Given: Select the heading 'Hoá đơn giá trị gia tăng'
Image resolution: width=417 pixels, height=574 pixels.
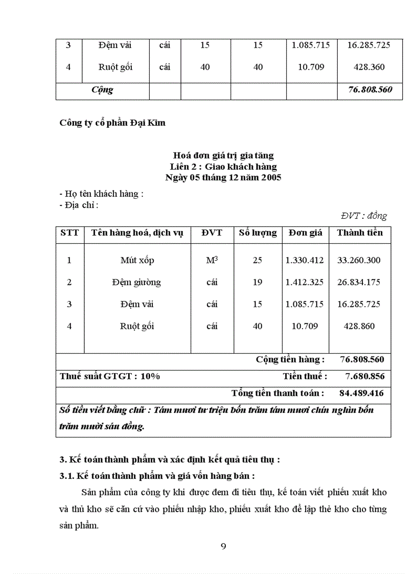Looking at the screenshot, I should pos(223,155).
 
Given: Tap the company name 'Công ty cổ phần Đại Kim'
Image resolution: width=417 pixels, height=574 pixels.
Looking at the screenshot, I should pos(112,123).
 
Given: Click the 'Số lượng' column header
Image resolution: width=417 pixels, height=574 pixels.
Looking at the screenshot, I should pos(258,233).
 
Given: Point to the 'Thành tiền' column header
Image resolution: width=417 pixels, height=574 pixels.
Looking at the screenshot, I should pos(360,233).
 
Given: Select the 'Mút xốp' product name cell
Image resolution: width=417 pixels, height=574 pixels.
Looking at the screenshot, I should pos(137,260).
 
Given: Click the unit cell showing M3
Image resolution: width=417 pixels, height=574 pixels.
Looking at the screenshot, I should pos(212,260).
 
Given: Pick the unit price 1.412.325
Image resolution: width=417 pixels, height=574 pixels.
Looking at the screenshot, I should pos(305,282).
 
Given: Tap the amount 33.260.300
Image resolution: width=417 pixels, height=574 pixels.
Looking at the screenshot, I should pos(359,260).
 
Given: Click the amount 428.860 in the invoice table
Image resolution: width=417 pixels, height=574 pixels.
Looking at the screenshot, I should pos(359,326).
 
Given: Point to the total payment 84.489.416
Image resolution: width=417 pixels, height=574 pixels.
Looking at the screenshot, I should pos(361,394).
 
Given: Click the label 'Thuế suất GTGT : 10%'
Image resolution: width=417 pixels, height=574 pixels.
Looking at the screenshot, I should pos(110,377).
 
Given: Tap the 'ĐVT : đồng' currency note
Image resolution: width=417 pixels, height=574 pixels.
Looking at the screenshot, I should pos(364,216).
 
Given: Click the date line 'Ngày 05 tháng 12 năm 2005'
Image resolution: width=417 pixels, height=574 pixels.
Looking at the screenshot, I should pos(223,178).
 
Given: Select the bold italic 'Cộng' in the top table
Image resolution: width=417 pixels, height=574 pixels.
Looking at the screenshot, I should pos(102,90).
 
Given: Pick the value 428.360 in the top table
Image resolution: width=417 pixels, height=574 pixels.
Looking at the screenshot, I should pos(368,67).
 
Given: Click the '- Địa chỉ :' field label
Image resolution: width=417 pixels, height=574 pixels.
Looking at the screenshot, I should pos(79,205).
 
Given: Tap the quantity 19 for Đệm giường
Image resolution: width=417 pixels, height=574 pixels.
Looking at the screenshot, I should pos(257,282).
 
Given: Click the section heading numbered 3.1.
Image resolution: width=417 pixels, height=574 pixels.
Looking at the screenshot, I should pos(157,476).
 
